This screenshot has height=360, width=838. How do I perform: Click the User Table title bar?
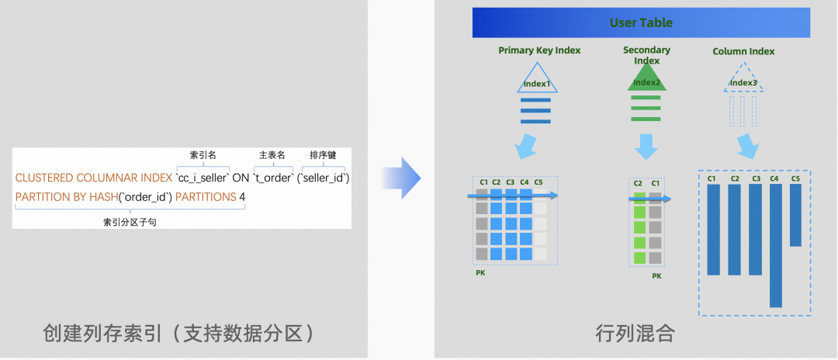click(x=641, y=22)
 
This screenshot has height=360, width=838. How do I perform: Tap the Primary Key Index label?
click(x=539, y=50)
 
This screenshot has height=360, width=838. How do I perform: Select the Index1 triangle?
click(x=536, y=81)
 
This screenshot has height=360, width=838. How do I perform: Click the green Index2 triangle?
click(x=646, y=81)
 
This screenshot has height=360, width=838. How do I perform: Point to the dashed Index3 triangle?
click(x=743, y=81)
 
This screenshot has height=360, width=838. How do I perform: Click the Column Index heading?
click(x=743, y=52)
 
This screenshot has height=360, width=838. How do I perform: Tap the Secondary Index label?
click(x=646, y=55)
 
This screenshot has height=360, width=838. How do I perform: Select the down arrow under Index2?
click(x=646, y=146)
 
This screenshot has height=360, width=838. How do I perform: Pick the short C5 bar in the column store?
click(x=795, y=215)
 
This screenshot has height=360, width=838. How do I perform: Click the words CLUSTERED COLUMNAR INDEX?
click(x=94, y=178)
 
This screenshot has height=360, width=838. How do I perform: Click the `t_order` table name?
click(x=272, y=178)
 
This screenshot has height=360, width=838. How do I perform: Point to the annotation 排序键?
click(x=322, y=155)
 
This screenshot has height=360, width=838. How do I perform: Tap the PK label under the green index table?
click(x=656, y=275)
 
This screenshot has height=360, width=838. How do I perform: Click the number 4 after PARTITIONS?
click(x=242, y=197)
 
